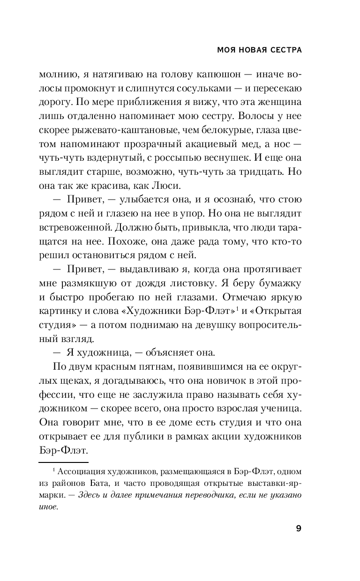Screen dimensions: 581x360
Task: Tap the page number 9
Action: pos(298,529)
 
